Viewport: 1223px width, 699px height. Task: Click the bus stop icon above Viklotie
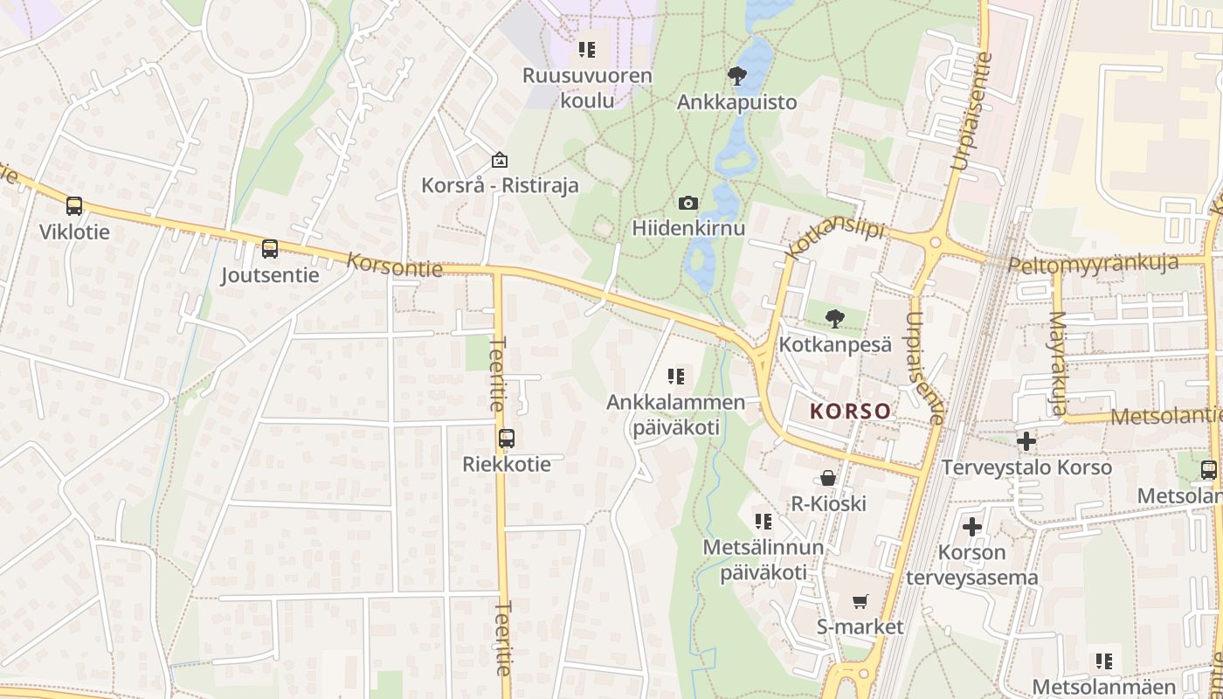(74, 206)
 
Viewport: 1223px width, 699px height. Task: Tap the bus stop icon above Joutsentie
(270, 249)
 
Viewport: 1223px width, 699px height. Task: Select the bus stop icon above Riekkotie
(507, 438)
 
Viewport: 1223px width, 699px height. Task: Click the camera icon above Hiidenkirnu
(688, 203)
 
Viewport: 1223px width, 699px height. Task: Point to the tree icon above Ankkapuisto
(737, 76)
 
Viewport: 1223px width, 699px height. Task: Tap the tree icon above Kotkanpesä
(835, 318)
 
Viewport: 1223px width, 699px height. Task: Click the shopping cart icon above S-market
(860, 601)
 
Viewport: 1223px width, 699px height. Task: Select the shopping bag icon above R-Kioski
(827, 478)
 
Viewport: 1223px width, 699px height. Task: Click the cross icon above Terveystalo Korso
(1026, 441)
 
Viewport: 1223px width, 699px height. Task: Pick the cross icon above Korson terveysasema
(971, 527)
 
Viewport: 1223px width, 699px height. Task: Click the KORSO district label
(851, 411)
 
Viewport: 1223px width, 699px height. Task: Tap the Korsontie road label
(395, 265)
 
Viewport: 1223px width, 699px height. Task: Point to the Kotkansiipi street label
(835, 239)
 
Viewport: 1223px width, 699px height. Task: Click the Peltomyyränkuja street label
(1093, 263)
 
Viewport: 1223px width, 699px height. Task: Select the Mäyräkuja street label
(1058, 363)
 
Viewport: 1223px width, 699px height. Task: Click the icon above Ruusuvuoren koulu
(587, 50)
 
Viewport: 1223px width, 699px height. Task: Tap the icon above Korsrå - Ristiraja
(500, 160)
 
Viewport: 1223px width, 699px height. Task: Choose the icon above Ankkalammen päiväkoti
(676, 377)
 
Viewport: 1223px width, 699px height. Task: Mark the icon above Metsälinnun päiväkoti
(764, 522)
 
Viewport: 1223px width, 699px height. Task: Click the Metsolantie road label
(1165, 417)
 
